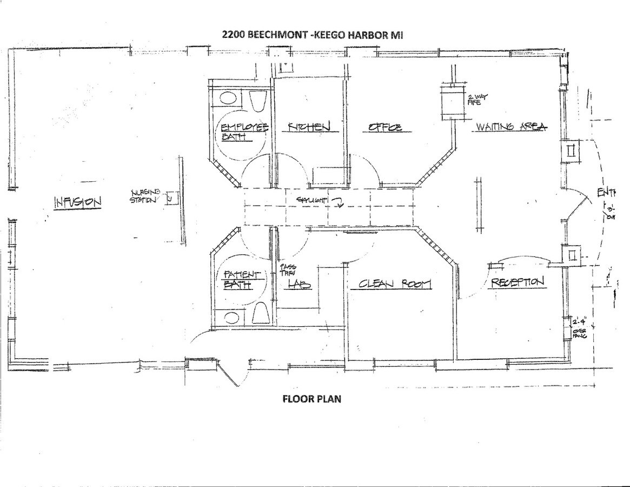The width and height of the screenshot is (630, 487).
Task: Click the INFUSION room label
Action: click(77, 202)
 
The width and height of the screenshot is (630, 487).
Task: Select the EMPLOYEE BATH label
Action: click(243, 131)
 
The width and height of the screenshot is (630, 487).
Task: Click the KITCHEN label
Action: click(308, 127)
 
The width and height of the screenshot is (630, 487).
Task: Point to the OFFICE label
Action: click(385, 128)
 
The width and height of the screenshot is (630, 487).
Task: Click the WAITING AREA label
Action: click(510, 127)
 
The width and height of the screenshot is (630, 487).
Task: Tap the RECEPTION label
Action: click(516, 282)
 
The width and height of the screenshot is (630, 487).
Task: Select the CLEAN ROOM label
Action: click(391, 284)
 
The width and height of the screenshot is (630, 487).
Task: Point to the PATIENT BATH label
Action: click(242, 279)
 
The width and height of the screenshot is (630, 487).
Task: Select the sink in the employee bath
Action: click(228, 100)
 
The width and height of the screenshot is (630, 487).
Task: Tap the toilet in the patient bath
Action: click(261, 314)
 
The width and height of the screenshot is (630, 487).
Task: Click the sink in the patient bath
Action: click(231, 318)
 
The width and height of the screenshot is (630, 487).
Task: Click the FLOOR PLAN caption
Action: click(311, 399)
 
